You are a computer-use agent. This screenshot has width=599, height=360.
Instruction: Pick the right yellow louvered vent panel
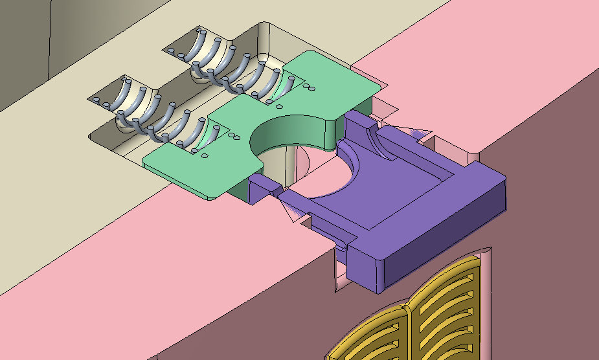pos(447,304)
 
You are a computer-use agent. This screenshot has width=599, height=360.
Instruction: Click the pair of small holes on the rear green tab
pos(309,87)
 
